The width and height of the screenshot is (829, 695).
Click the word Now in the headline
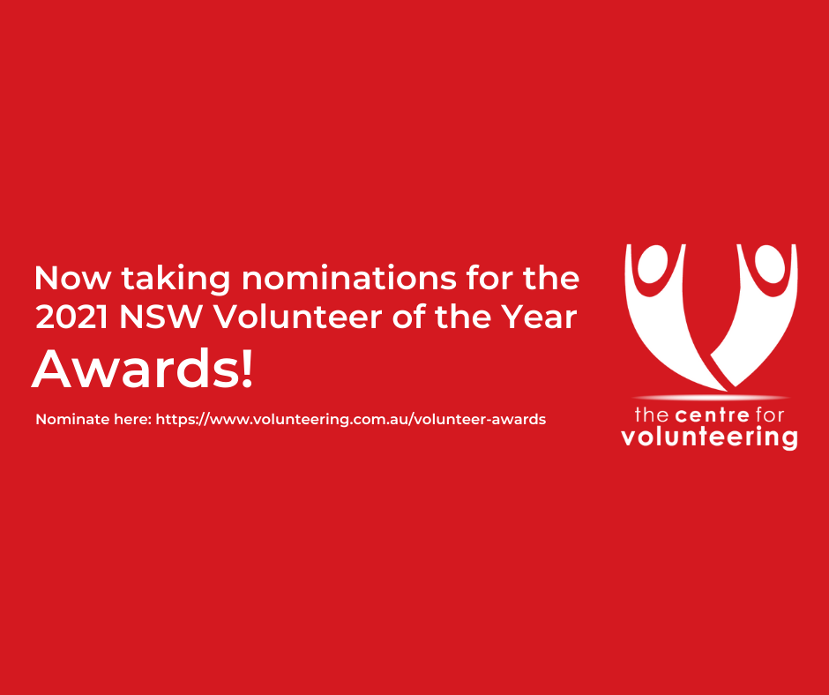73,278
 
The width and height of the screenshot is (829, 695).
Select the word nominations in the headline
349,277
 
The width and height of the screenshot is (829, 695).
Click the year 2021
71,318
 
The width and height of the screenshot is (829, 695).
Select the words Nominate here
93,420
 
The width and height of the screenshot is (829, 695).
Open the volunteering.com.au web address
350,420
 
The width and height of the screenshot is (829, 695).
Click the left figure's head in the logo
655,263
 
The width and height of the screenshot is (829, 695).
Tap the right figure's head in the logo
770,264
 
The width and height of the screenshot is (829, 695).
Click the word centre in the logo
713,415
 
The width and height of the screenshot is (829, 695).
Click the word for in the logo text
769,415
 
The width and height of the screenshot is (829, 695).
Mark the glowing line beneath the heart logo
710,397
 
